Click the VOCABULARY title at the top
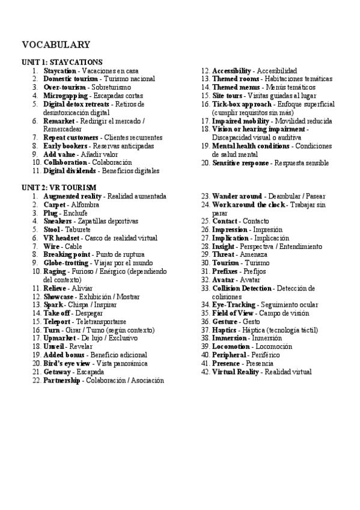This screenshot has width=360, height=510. point(56,45)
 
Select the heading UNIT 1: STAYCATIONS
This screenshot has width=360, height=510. point(62,62)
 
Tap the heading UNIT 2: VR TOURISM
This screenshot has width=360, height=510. point(58,188)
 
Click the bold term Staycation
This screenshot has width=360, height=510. point(59,70)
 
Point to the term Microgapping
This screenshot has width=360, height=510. point(66,96)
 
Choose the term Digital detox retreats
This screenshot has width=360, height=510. point(76,104)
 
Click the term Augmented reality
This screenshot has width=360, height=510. point(73,196)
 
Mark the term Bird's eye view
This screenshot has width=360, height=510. point(67,363)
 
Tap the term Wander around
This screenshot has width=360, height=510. point(237,196)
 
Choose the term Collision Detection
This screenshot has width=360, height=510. point(242,288)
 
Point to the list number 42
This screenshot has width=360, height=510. point(205,372)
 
